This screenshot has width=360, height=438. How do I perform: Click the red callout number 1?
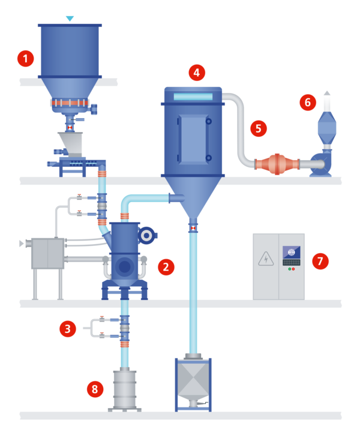(26, 59)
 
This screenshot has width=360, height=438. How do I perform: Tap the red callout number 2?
(166, 267)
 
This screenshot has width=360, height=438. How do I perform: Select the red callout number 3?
(68, 329)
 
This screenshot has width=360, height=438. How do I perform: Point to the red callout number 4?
(197, 73)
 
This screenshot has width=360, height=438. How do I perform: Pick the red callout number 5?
(259, 128)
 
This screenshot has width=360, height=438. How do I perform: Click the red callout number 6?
(308, 102)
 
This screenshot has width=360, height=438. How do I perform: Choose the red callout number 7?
(320, 261)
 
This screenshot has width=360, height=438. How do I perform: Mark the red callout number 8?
(95, 389)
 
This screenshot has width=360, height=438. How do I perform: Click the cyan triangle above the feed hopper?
(70, 19)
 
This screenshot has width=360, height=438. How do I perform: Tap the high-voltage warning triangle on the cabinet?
(266, 259)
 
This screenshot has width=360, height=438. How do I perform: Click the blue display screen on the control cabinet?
(291, 252)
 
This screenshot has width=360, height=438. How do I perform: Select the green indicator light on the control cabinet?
(290, 269)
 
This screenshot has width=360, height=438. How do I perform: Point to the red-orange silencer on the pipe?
(277, 164)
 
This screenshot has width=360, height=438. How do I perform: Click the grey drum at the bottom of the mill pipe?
(125, 389)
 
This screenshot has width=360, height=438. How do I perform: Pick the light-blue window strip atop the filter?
(193, 97)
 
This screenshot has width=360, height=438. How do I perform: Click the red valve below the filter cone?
(193, 228)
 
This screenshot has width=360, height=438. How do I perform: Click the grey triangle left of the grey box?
(21, 244)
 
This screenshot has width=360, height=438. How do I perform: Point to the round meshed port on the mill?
(146, 235)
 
